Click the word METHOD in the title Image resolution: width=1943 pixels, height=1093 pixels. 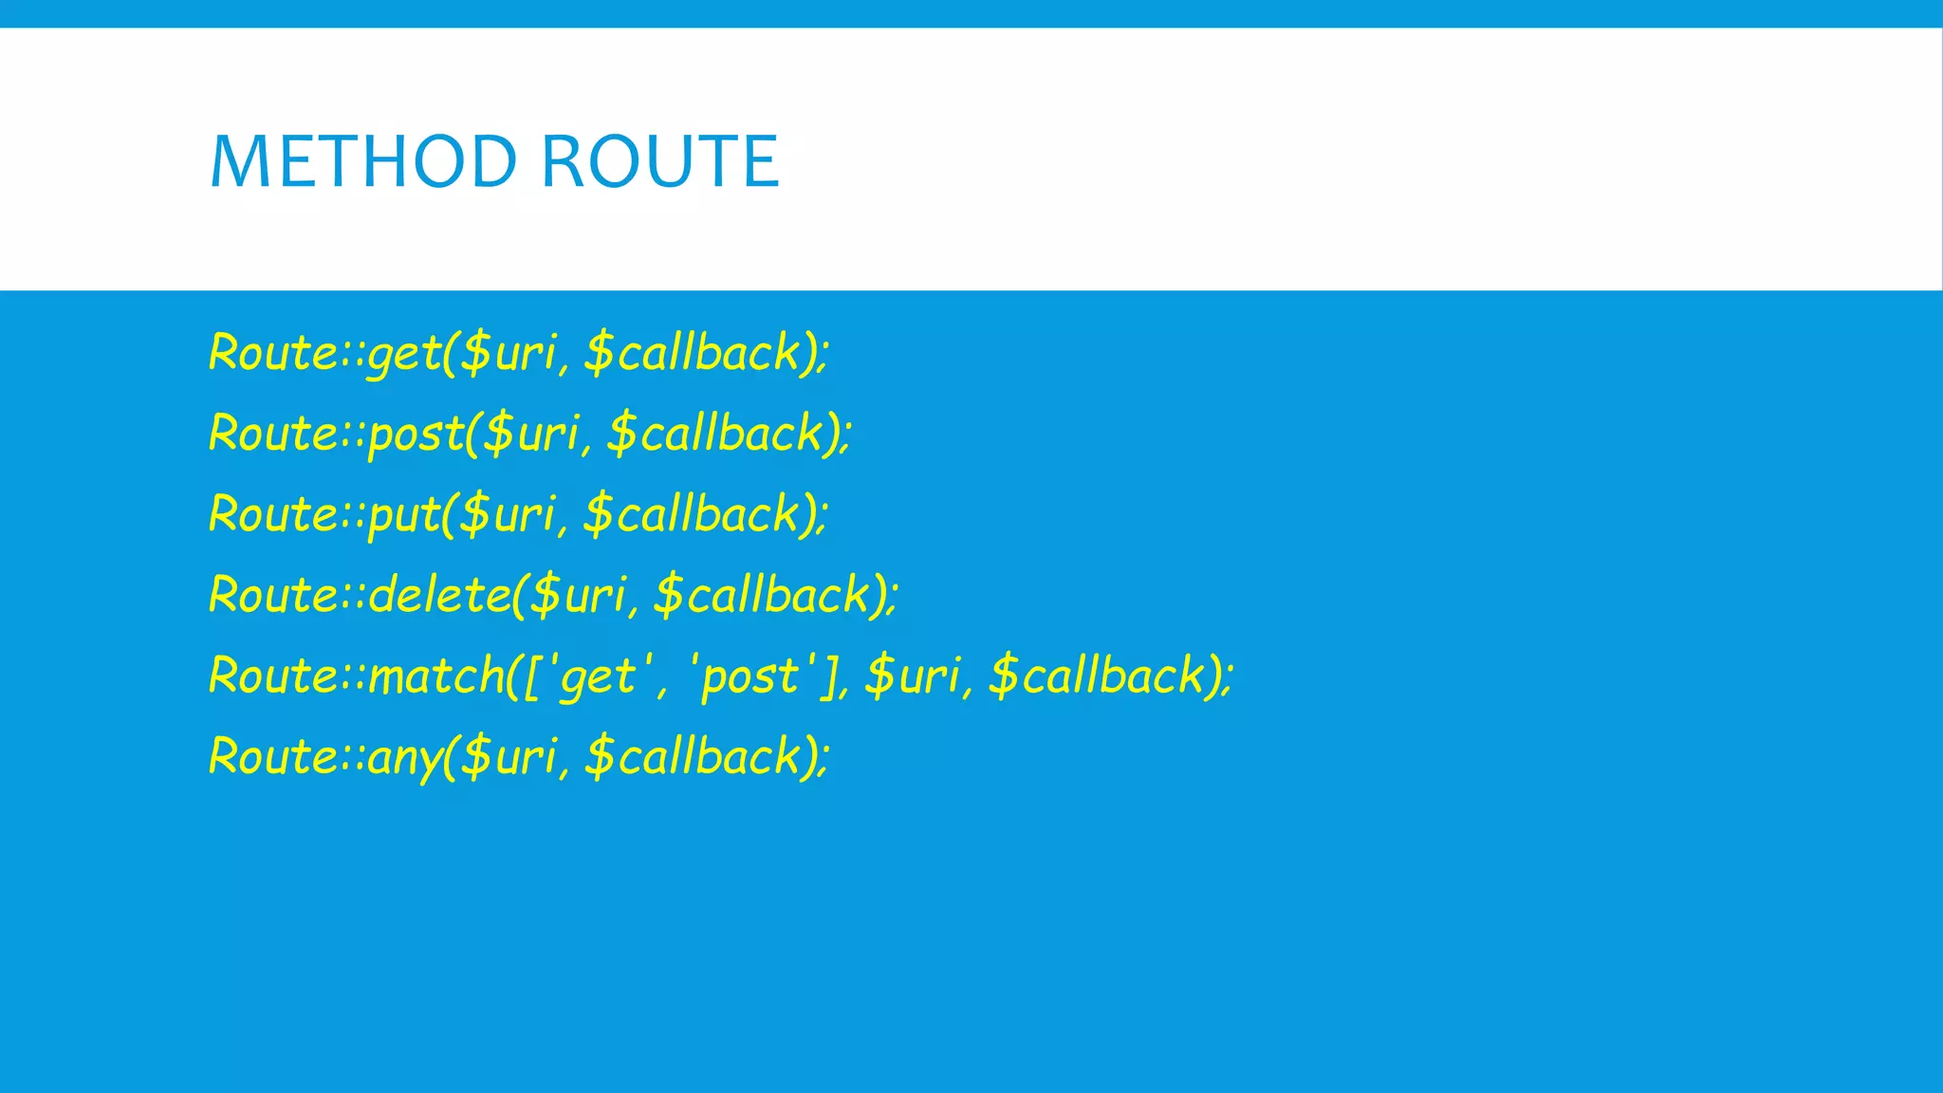(x=362, y=161)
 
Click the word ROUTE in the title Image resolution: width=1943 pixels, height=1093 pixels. (x=660, y=161)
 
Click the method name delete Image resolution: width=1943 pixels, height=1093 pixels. (x=439, y=595)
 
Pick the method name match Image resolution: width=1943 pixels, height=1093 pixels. (x=436, y=676)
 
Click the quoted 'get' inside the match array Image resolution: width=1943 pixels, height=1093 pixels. (x=598, y=676)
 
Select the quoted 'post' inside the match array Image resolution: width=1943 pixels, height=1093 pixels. (x=749, y=676)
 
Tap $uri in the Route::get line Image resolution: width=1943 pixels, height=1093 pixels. (x=508, y=353)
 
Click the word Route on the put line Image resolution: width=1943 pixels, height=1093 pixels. (x=271, y=514)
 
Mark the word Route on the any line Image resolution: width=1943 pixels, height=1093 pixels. (x=271, y=756)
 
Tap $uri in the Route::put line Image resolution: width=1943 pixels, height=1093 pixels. (x=508, y=514)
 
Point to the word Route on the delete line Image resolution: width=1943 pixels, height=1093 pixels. (x=271, y=595)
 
